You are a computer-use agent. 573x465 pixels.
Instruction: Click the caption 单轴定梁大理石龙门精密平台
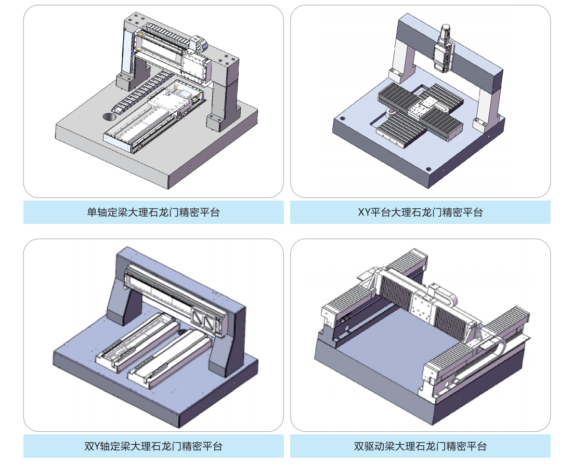[x=153, y=212]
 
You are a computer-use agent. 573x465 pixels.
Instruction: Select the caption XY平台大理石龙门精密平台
[x=420, y=212]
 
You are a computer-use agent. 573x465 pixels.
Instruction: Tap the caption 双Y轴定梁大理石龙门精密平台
[x=153, y=446]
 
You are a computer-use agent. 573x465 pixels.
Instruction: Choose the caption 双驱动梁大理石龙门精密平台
[x=420, y=446]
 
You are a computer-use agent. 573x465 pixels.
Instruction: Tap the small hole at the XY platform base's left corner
[x=342, y=119]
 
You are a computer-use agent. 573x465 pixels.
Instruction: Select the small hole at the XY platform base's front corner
[x=427, y=169]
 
